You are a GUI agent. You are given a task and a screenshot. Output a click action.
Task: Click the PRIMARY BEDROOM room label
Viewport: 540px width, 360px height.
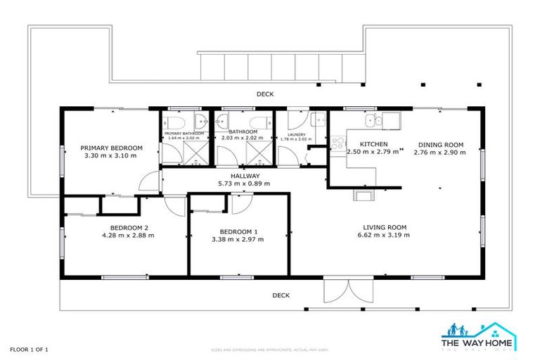click(x=111, y=148)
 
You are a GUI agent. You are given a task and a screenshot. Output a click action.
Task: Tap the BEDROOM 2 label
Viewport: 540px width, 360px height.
click(x=127, y=227)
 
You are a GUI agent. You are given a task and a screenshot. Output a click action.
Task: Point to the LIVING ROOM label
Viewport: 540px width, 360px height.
click(x=385, y=227)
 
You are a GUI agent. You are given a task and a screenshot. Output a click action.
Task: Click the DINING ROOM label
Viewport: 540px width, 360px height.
click(x=438, y=145)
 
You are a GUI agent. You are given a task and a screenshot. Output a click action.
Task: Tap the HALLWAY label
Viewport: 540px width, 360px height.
click(x=244, y=176)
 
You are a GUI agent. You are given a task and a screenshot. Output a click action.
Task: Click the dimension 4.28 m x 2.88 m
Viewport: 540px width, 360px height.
click(x=127, y=236)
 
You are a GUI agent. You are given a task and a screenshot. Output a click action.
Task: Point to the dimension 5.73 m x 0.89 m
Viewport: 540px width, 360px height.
click(x=244, y=184)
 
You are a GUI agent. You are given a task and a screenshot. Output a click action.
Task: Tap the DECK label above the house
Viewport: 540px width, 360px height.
click(x=264, y=94)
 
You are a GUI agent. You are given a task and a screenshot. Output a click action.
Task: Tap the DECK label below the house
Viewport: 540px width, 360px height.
click(x=281, y=295)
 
